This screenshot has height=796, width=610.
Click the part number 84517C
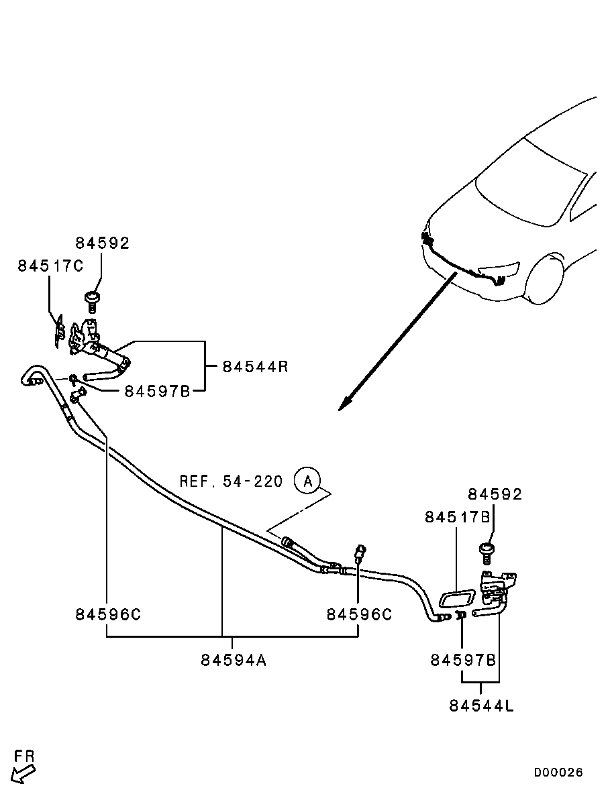tap(50, 266)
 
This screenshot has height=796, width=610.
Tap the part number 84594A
tap(234, 660)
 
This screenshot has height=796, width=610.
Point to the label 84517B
tap(457, 518)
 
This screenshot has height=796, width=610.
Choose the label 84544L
tap(482, 705)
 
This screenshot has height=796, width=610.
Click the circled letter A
tap(308, 481)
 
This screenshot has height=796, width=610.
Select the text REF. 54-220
tap(231, 481)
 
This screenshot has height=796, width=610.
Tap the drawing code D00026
tap(558, 773)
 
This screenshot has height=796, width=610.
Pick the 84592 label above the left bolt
tap(102, 243)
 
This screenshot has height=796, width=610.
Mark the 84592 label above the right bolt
tap(495, 494)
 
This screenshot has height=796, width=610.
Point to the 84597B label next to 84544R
tap(157, 391)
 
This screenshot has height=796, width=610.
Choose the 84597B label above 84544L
tap(463, 660)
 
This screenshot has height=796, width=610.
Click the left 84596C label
tap(107, 614)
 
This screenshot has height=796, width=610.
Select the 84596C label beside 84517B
tap(359, 614)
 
